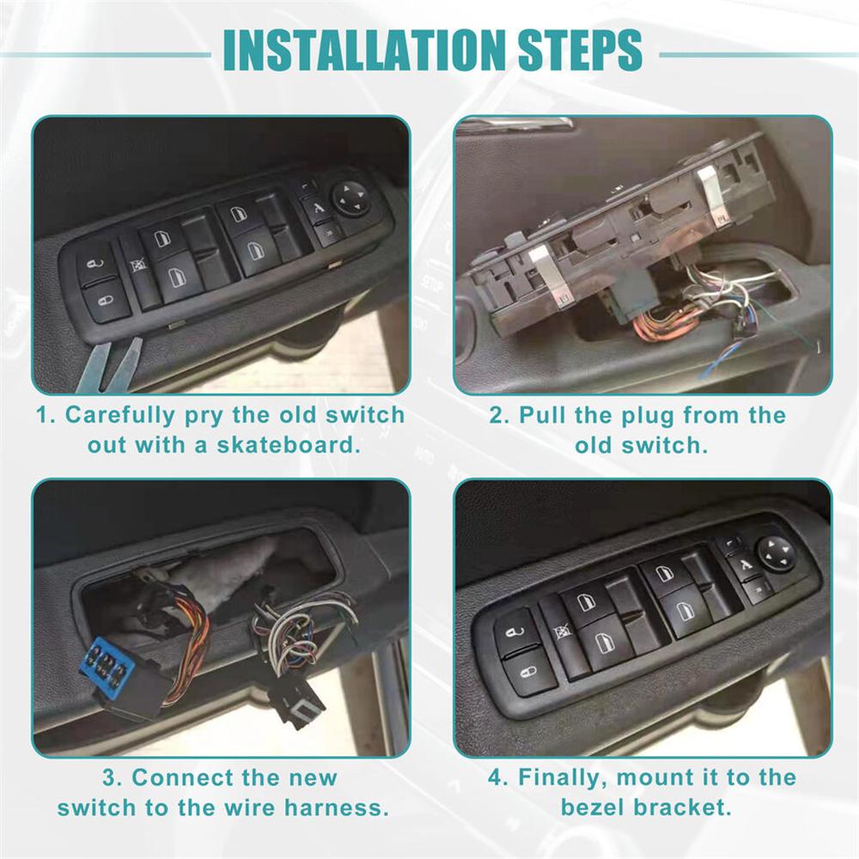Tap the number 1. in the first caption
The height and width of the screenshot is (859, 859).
click(x=46, y=416)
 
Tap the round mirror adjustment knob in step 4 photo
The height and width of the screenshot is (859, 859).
click(x=776, y=552)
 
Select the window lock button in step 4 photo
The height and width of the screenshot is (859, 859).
click(x=563, y=633)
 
